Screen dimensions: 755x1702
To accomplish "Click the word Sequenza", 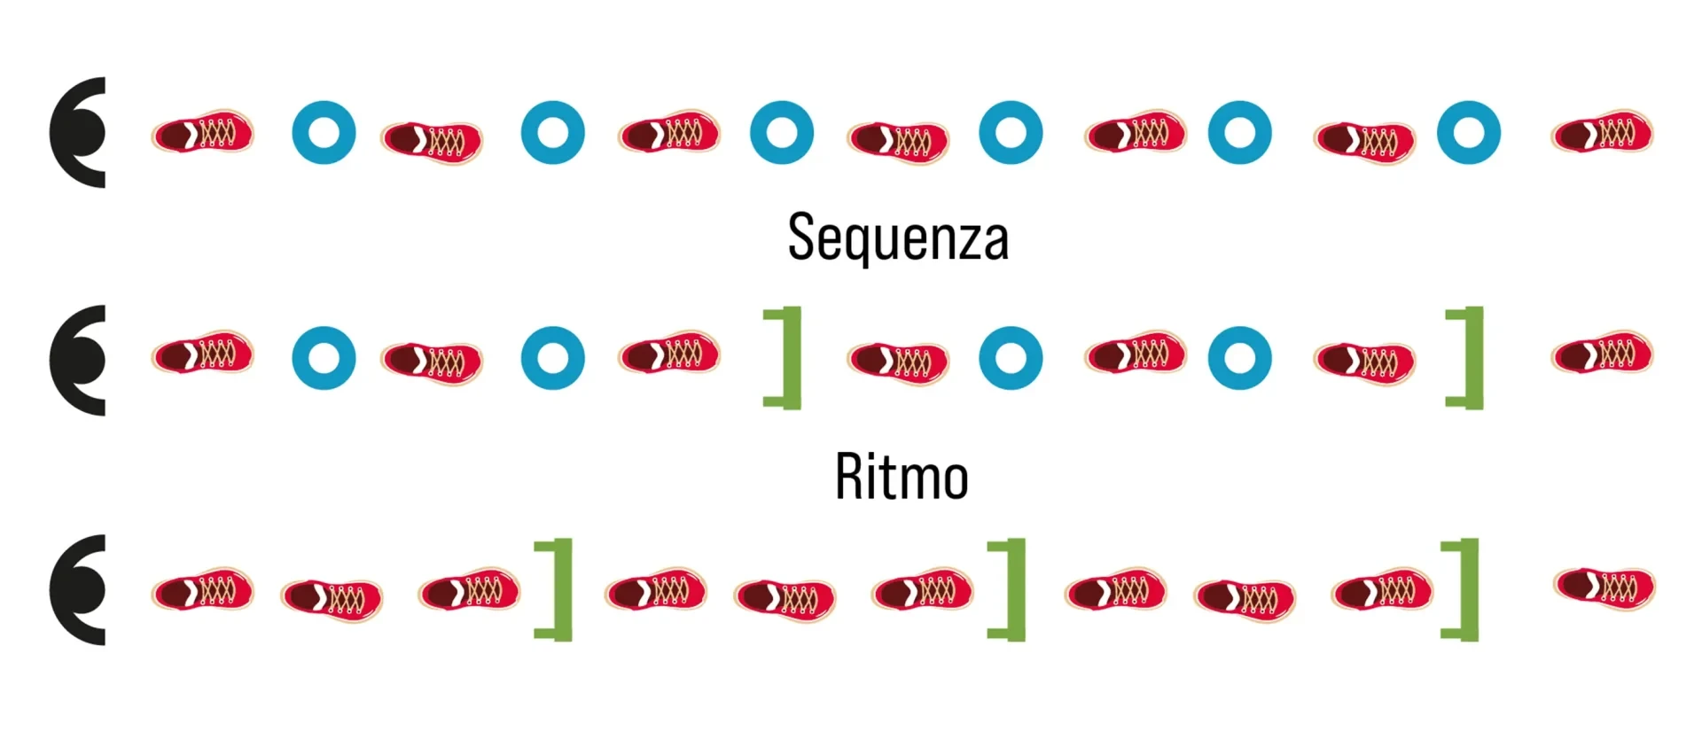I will pyautogui.click(x=898, y=237).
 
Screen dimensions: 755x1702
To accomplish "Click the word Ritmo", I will pyautogui.click(x=902, y=477).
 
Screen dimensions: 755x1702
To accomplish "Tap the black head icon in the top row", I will pyautogui.click(x=78, y=133).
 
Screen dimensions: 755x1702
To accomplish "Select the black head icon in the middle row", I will pyautogui.click(x=78, y=360).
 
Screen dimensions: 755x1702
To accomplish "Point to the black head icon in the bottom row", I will pyautogui.click(x=78, y=589).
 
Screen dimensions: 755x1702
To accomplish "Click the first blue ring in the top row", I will pyautogui.click(x=324, y=133).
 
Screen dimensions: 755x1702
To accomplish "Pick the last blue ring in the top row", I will pyautogui.click(x=1468, y=133).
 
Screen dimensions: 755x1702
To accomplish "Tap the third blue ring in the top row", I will pyautogui.click(x=781, y=133).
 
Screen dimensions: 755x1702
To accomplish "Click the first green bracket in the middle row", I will pyautogui.click(x=786, y=357).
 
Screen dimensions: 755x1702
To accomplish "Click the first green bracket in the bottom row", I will pyautogui.click(x=558, y=588).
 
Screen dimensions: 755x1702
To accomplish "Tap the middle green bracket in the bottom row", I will pyautogui.click(x=1011, y=588).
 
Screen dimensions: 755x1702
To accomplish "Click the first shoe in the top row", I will pyautogui.click(x=202, y=133).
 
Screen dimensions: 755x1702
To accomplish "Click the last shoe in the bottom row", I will pyautogui.click(x=1604, y=587).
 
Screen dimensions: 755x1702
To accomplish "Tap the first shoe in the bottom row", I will pyautogui.click(x=202, y=591).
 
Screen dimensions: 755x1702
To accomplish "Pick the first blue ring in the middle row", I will pyautogui.click(x=324, y=358).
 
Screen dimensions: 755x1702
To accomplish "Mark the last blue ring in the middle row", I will pyautogui.click(x=1239, y=358).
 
